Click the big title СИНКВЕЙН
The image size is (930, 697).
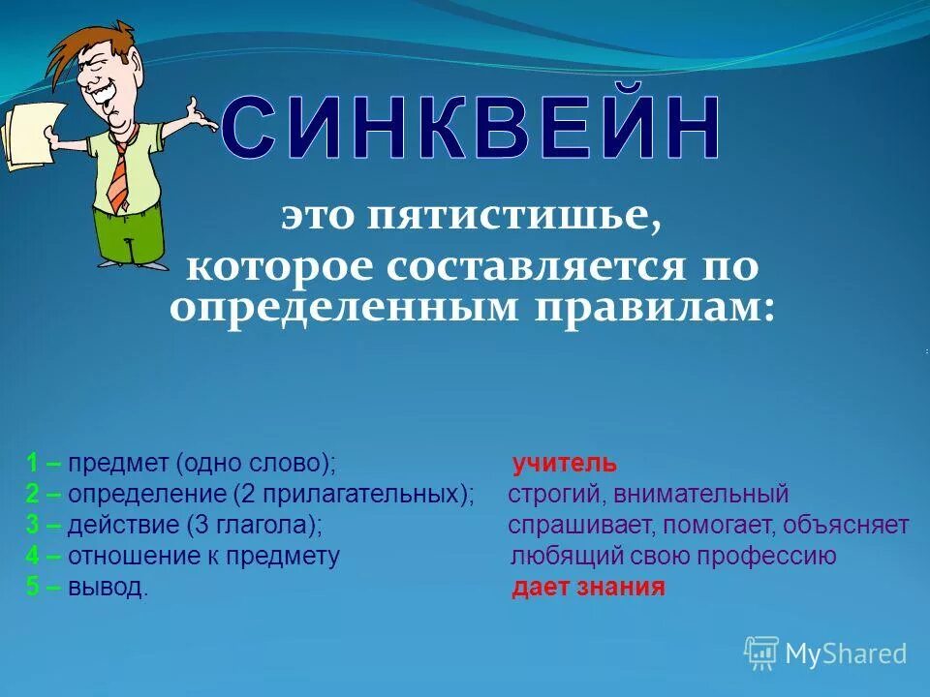pos(472,129)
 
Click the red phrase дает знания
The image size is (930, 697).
pos(588,588)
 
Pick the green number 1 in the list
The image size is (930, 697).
pos(32,464)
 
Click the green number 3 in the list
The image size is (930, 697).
pos(32,526)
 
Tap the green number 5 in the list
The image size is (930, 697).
pos(32,588)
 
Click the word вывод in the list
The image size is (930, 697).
pos(108,588)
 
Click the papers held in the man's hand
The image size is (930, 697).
pos(23,136)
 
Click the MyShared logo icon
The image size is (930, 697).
pos(761,653)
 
